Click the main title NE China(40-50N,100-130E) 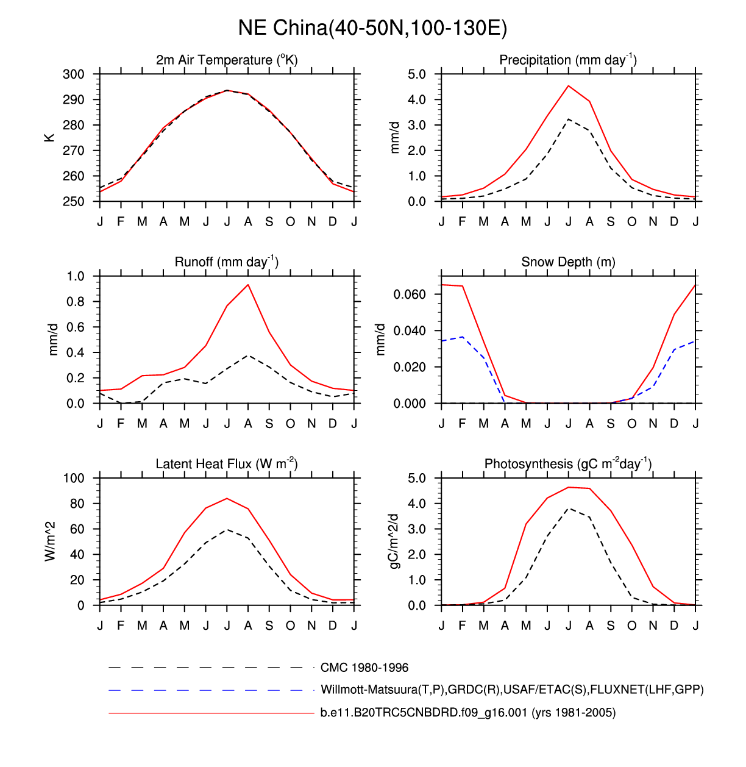pyautogui.click(x=372, y=28)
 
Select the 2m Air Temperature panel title pyautogui.click(x=227, y=60)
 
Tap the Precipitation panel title pyautogui.click(x=568, y=60)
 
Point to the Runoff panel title pyautogui.click(x=227, y=262)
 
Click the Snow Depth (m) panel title pyautogui.click(x=568, y=262)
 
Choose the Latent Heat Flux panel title pyautogui.click(x=227, y=464)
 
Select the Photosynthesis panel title pyautogui.click(x=568, y=464)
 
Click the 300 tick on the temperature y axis pyautogui.click(x=74, y=74)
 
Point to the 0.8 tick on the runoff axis pyautogui.click(x=76, y=302)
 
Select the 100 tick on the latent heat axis pyautogui.click(x=74, y=478)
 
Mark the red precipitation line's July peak pyautogui.click(x=569, y=86)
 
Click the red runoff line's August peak pyautogui.click(x=248, y=285)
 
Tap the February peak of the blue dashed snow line pyautogui.click(x=463, y=337)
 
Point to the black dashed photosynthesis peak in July pyautogui.click(x=569, y=508)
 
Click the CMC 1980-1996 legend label pyautogui.click(x=364, y=668)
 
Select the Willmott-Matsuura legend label pyautogui.click(x=512, y=690)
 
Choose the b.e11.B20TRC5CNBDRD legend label pyautogui.click(x=468, y=712)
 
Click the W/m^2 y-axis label pyautogui.click(x=50, y=541)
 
